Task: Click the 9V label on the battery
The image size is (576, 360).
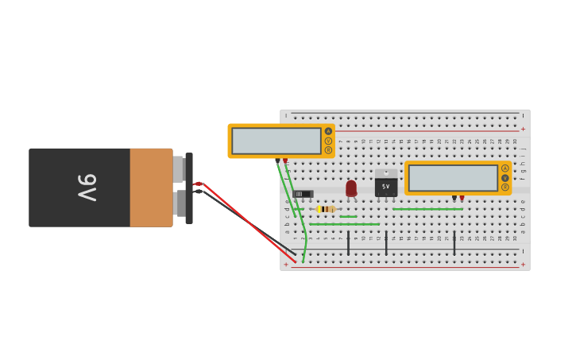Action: pos(87,188)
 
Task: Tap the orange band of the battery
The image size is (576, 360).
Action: pos(151,188)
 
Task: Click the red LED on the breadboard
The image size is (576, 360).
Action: pos(351,188)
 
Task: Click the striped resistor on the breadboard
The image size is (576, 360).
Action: pos(326,209)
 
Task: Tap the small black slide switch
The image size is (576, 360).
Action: pos(303,194)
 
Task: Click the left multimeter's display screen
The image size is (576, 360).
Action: pos(276,141)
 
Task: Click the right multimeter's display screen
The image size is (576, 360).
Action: pos(453,178)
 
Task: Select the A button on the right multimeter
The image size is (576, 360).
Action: pos(504,168)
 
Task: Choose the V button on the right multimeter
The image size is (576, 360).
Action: pos(504,178)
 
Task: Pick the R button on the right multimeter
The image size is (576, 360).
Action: pos(504,188)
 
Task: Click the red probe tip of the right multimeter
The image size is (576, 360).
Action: pos(462,198)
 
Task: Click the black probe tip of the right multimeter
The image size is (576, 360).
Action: pos(454,198)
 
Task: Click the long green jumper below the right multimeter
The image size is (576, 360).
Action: pos(427,209)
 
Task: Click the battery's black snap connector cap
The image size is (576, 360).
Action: pos(189,188)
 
